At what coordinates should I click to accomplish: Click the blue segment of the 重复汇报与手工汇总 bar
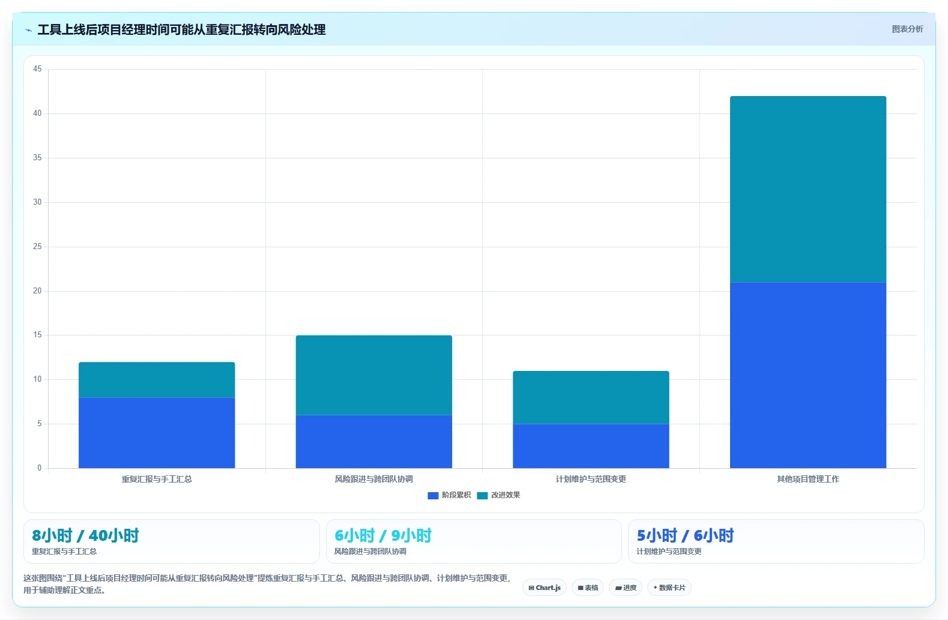tap(157, 433)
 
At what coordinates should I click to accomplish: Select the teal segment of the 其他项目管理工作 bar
tap(808, 189)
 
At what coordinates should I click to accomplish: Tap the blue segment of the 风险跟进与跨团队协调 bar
tap(373, 441)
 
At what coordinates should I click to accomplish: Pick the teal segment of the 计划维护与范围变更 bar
tap(591, 397)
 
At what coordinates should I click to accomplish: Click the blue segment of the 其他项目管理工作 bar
tap(808, 375)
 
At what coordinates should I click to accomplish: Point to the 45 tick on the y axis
tap(37, 69)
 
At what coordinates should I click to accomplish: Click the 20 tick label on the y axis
tap(37, 290)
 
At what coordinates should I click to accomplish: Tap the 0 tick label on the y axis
tap(40, 468)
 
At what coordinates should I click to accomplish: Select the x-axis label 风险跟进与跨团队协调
tap(373, 479)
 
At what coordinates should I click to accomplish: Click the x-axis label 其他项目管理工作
tap(808, 479)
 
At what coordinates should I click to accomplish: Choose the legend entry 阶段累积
tap(450, 495)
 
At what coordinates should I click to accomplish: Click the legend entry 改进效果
tap(498, 495)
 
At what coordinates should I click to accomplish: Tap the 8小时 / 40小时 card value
tap(85, 535)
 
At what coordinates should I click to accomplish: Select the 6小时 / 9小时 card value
tap(383, 535)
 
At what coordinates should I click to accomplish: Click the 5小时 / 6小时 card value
tap(685, 535)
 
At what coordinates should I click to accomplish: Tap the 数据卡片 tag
tap(669, 588)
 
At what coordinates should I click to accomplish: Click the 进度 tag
tap(626, 588)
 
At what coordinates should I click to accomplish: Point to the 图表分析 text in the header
tap(907, 29)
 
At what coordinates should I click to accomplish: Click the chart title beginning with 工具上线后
tap(181, 29)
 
